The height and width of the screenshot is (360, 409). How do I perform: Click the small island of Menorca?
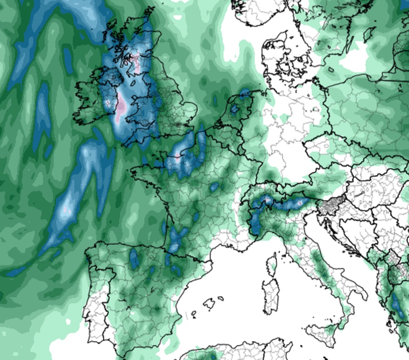(x=220, y=299)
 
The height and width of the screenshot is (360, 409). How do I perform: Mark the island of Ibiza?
(x=194, y=313)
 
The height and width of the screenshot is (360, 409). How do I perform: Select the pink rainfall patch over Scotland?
(x=136, y=61)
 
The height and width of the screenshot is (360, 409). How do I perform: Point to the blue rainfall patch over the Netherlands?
(x=235, y=109)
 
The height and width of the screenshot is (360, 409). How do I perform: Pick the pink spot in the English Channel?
(x=177, y=156)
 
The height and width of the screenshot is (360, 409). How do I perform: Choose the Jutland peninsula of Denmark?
(x=275, y=57)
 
